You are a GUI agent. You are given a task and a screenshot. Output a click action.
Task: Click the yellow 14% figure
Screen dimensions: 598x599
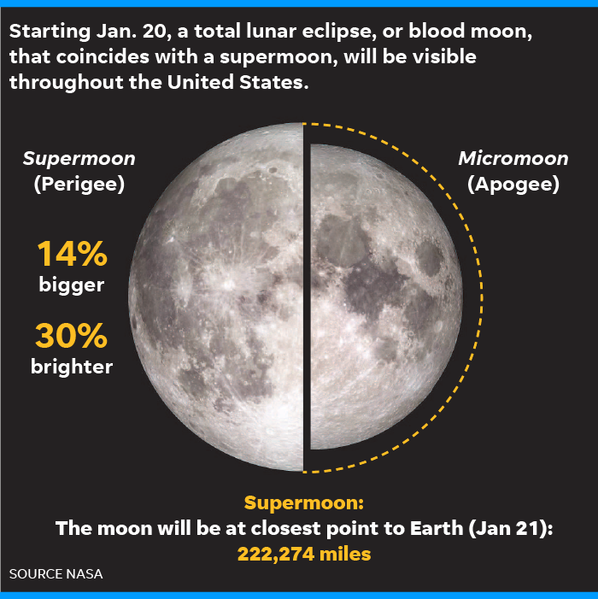(x=72, y=253)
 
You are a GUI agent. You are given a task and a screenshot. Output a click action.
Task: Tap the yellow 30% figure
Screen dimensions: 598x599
(x=72, y=336)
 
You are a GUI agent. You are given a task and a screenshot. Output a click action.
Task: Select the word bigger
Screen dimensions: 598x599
(x=72, y=285)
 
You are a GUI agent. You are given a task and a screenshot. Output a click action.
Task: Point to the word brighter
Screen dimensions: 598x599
(x=72, y=366)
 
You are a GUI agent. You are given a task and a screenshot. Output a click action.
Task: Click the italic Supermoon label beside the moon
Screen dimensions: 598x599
(x=79, y=159)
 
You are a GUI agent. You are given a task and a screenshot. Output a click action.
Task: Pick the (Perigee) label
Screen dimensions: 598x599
(x=79, y=184)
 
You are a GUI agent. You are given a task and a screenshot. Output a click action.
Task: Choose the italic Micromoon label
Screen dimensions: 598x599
(x=513, y=158)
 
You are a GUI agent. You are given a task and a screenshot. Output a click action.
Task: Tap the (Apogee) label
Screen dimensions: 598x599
(x=513, y=184)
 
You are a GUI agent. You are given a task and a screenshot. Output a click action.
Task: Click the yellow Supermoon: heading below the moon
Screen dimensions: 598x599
(x=304, y=502)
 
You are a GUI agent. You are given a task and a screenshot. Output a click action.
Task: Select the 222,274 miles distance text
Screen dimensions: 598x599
(x=304, y=554)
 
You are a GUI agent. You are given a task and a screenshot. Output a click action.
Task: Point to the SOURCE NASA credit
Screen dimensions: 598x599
(x=56, y=573)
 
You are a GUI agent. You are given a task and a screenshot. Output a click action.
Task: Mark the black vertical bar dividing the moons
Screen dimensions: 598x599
(x=306, y=297)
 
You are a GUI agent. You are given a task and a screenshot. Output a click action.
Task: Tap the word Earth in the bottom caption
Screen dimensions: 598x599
(x=436, y=528)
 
